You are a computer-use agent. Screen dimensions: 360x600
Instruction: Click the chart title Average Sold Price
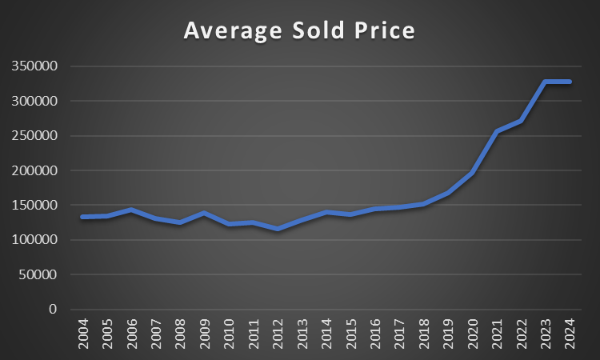299,30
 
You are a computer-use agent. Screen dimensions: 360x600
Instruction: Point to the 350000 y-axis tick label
34,66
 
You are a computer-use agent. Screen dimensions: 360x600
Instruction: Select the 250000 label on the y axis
34,136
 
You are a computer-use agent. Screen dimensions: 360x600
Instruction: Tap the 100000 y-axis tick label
34,240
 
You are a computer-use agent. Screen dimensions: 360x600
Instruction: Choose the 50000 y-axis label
38,274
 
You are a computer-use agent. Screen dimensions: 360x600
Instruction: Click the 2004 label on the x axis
84,334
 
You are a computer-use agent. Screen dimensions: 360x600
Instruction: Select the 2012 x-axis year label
278,334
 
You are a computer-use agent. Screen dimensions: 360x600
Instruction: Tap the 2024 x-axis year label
570,334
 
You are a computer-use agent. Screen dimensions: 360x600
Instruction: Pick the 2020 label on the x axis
473,334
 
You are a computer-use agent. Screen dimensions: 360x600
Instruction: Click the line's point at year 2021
497,131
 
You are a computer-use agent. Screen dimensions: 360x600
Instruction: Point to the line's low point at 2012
278,229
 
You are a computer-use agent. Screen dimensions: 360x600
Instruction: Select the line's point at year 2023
546,82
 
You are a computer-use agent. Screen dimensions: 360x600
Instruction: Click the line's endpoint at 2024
570,82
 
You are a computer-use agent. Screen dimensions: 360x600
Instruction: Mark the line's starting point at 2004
84,217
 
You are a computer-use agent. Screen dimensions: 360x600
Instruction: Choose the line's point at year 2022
521,121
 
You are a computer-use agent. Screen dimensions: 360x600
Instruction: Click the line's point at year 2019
448,193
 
